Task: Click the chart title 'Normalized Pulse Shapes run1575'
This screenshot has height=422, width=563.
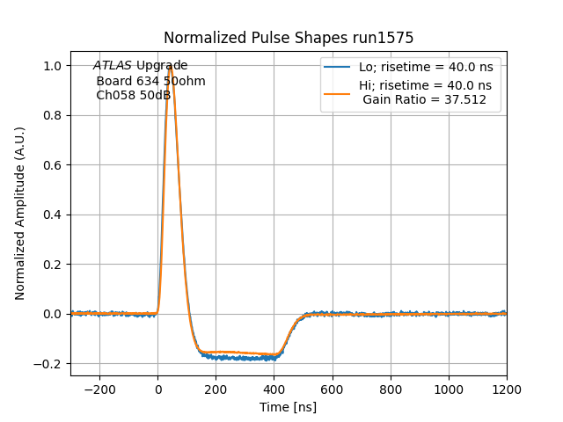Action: pos(289,38)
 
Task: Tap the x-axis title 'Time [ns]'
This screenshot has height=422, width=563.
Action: pos(289,407)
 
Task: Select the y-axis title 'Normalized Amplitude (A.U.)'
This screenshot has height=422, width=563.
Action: pos(20,214)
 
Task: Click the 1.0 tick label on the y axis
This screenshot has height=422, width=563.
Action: pos(53,66)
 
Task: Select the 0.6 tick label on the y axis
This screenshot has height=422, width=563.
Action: pos(53,165)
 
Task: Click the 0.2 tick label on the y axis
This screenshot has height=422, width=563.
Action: pos(53,264)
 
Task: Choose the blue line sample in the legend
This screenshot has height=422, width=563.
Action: pos(338,67)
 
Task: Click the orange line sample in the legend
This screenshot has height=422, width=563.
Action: pos(338,86)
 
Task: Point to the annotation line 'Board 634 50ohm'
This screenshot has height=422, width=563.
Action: pos(150,81)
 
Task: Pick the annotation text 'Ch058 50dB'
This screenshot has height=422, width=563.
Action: pos(134,95)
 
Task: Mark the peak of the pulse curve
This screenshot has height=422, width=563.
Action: pos(170,66)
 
